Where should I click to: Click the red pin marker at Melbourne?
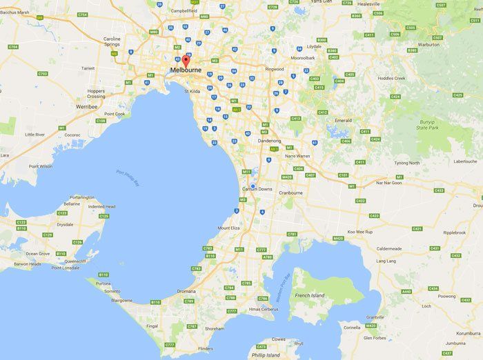[x=184, y=61]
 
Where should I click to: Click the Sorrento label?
[x=112, y=291]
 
